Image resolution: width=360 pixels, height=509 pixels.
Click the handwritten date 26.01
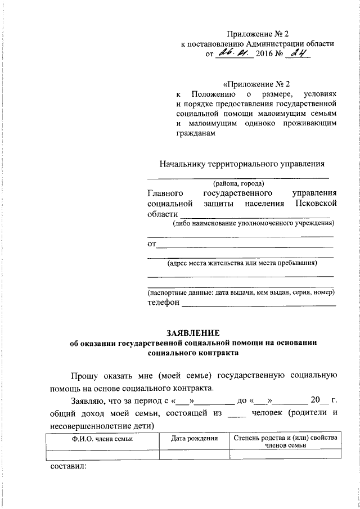[233, 54]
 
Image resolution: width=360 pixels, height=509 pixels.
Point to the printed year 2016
[264, 55]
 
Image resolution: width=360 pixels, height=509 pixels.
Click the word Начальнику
[182, 164]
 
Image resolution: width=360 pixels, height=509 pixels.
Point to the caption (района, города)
[239, 183]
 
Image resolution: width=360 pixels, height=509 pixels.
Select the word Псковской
[316, 203]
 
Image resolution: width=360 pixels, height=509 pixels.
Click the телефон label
[163, 303]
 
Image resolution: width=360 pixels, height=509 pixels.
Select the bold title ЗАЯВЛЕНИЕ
[193, 332]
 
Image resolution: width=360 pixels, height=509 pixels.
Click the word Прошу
[83, 376]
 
